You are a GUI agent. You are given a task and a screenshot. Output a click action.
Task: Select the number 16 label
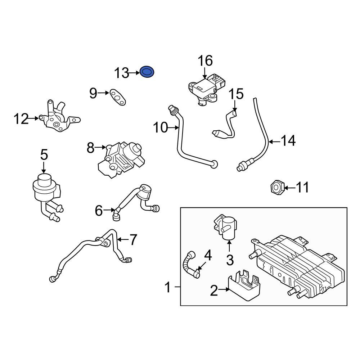click(x=205, y=61)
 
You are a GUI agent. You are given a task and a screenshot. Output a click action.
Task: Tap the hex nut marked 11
click(x=276, y=187)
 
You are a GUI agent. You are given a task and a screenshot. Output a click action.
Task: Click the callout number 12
click(x=21, y=118)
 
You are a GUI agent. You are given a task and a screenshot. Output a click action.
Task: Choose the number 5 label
click(x=44, y=155)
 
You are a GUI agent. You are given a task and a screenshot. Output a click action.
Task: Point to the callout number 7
click(x=133, y=239)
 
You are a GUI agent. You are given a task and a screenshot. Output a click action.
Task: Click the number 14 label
click(x=288, y=141)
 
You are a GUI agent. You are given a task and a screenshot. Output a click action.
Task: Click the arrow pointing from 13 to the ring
click(x=134, y=73)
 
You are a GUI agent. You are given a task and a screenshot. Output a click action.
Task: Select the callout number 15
click(x=237, y=94)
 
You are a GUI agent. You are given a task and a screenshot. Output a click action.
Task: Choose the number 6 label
click(x=99, y=211)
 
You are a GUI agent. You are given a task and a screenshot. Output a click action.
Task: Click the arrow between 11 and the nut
click(x=289, y=187)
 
